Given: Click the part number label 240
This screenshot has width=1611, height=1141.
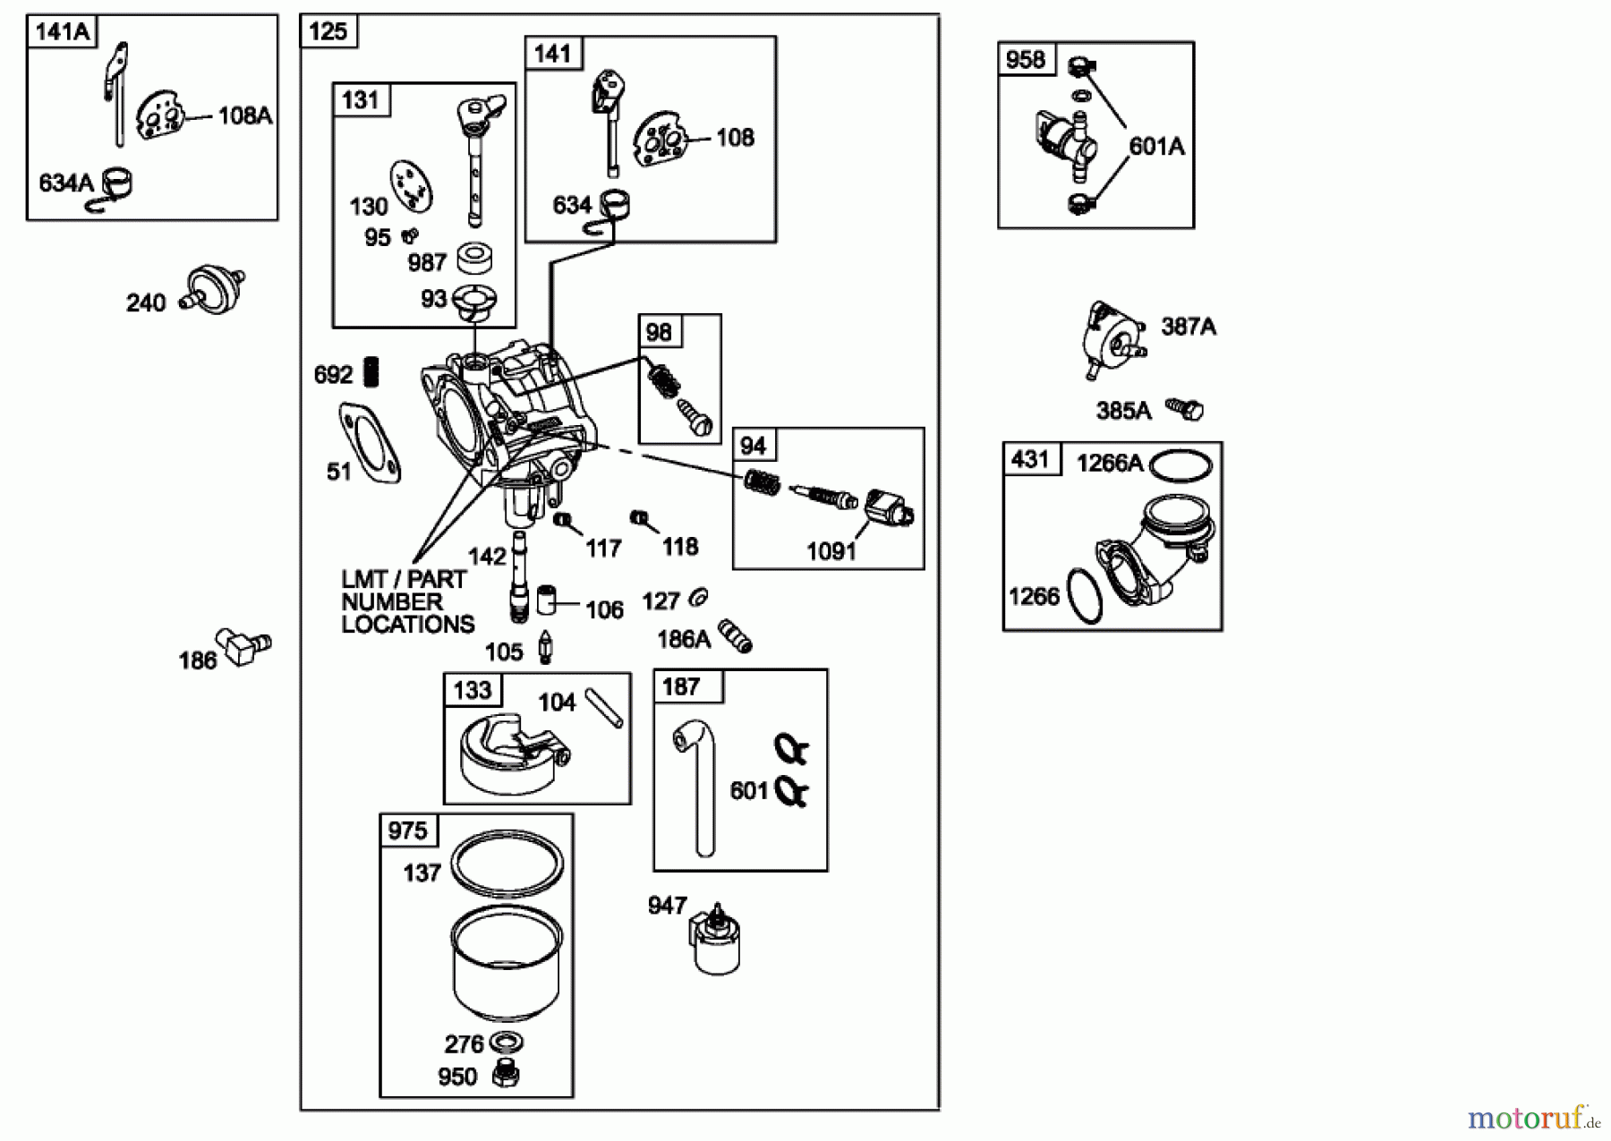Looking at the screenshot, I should (x=146, y=303).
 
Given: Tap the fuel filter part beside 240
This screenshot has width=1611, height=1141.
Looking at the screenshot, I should (x=215, y=288).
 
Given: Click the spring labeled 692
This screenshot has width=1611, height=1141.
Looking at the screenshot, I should (x=371, y=371).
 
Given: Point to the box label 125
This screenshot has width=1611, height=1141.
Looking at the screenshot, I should (x=328, y=32).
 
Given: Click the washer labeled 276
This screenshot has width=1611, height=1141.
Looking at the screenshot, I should (x=507, y=1043).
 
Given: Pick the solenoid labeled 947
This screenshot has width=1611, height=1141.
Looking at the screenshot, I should (x=714, y=941).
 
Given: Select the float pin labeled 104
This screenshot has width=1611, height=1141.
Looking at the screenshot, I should (x=603, y=707).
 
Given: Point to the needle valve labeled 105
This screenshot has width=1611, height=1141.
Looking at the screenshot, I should (x=545, y=648).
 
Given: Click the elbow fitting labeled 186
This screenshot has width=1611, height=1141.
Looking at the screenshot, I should (x=246, y=645).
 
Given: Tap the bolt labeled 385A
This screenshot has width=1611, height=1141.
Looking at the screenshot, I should (x=1186, y=409).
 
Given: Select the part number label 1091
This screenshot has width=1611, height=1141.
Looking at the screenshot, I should (x=831, y=551).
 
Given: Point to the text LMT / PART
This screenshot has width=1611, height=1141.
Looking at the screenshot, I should (x=404, y=580).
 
